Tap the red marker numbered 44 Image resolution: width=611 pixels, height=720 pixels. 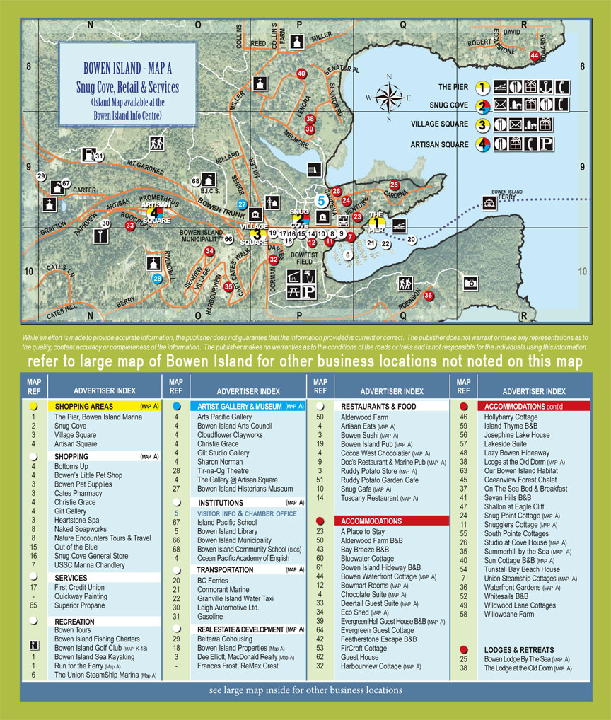pyautogui.click(x=535, y=55)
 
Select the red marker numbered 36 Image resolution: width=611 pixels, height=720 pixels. pyautogui.click(x=428, y=296)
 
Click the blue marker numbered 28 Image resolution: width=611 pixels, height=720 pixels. pyautogui.click(x=158, y=279)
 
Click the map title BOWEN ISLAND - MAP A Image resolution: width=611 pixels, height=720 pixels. pyautogui.click(x=127, y=69)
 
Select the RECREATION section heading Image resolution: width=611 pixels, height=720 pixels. pyautogui.click(x=75, y=621)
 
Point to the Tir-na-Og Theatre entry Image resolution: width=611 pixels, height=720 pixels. pyautogui.click(x=222, y=470)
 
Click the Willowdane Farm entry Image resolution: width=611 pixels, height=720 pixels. pyautogui.click(x=509, y=614)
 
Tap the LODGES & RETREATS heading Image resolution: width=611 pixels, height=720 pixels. pyautogui.click(x=519, y=649)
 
